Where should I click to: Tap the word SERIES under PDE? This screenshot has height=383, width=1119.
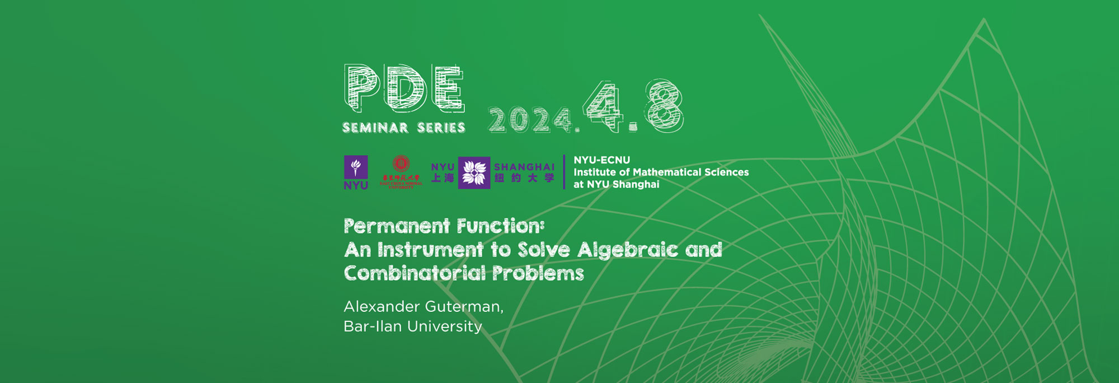pos(441,128)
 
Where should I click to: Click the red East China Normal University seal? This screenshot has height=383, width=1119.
pos(401,165)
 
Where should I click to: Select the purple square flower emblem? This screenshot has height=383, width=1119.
pos(474,172)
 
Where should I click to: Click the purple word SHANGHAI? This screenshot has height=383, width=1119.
pos(524,167)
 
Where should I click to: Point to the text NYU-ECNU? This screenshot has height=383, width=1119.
pos(601,160)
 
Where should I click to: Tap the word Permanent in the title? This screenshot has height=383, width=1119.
pos(397,226)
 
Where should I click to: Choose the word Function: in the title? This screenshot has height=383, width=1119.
pos(500,226)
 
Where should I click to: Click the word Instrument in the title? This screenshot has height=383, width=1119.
pos(430,250)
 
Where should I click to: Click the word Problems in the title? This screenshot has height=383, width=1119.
pos(538,273)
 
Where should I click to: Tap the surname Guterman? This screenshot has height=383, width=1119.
pos(464,307)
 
